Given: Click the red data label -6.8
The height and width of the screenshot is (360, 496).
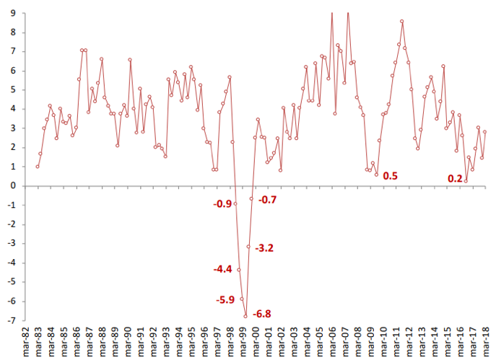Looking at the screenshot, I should click(x=261, y=315).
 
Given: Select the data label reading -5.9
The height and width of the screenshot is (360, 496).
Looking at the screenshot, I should click(x=227, y=300).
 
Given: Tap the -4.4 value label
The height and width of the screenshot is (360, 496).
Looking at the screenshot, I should click(x=222, y=269).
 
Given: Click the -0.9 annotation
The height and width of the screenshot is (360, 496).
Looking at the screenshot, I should click(x=222, y=204).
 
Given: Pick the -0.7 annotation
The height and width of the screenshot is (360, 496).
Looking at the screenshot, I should click(x=268, y=199).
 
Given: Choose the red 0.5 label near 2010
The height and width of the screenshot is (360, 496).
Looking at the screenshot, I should click(x=390, y=176).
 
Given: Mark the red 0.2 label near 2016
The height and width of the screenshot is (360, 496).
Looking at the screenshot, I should click(x=455, y=179).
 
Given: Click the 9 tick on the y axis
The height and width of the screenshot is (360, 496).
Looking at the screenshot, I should click(x=14, y=13).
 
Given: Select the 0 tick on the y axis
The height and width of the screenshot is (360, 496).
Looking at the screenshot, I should click(x=14, y=186).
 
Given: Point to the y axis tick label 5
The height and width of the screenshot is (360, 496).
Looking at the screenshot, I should click(x=14, y=90).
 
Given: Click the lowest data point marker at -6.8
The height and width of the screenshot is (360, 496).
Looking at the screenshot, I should click(x=245, y=316).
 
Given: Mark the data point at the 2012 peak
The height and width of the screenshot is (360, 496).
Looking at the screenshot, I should click(x=401, y=21).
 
